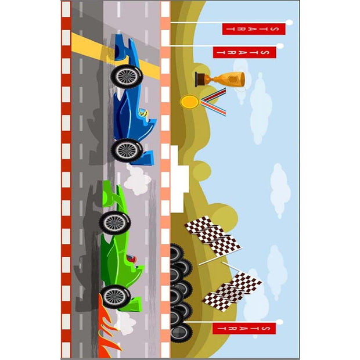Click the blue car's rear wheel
pyautogui.click(x=127, y=76)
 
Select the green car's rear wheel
pyautogui.click(x=116, y=222)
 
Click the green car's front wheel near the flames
pyautogui.click(x=114, y=296)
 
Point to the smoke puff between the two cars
pyautogui.click(x=138, y=181)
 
